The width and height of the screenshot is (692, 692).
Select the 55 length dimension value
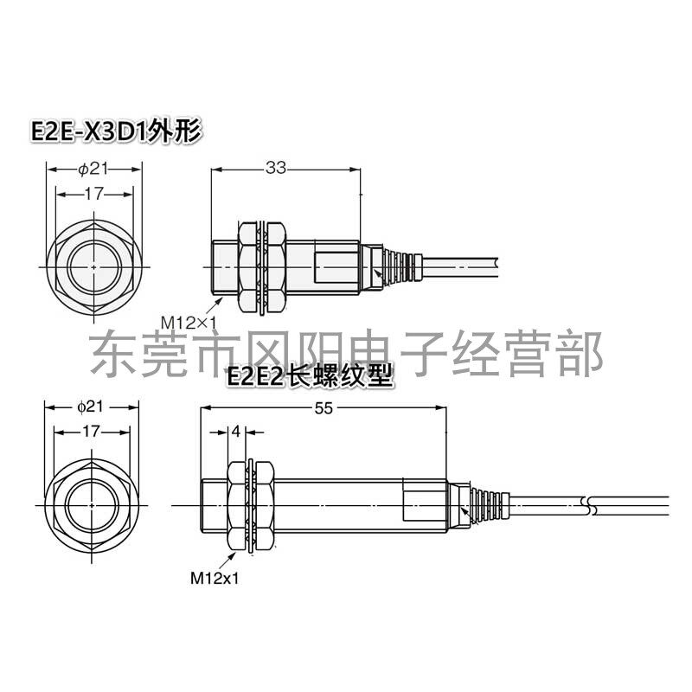pos(324,409)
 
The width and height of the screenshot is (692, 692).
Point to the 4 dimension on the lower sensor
pos(236,430)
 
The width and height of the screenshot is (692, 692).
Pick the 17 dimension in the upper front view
pos(94,195)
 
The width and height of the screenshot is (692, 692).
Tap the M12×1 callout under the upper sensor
pos(188,322)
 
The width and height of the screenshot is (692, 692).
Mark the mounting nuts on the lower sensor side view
pos(250,503)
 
